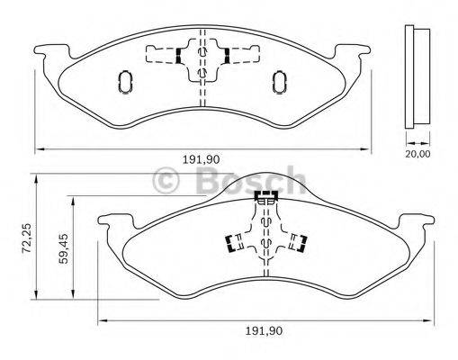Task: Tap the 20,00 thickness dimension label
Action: tap(417, 154)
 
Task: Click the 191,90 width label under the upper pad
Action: tap(202, 159)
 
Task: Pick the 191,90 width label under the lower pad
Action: tap(265, 331)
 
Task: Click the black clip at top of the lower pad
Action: tap(266, 194)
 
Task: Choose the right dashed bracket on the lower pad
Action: tap(301, 243)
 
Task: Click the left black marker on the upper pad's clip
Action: tap(180, 57)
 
